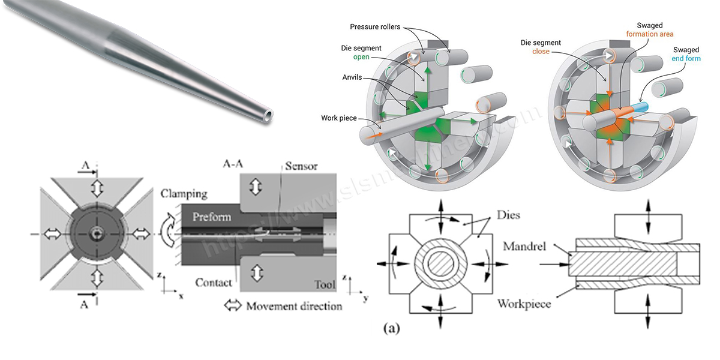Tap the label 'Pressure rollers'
click(375, 27)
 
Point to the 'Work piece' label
click(341, 117)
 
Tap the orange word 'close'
click(541, 52)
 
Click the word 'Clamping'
click(184, 194)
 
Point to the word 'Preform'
click(212, 217)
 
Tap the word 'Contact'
click(214, 282)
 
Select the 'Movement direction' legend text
click(294, 306)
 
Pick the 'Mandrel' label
click(520, 245)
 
